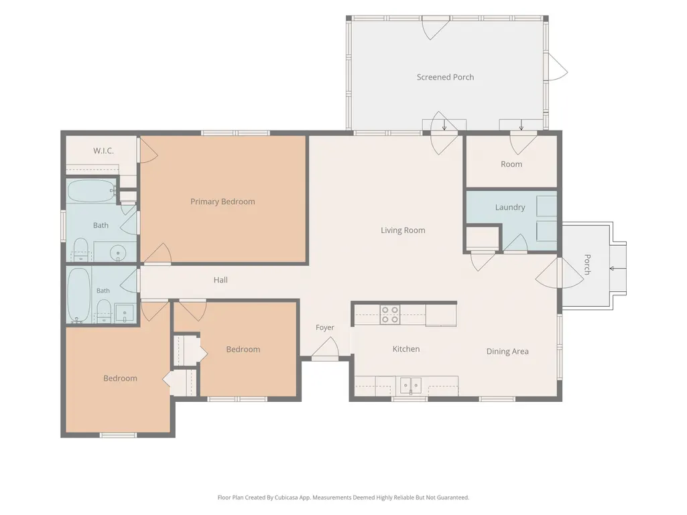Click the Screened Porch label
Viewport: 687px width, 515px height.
tap(445, 77)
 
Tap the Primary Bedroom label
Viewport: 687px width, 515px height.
tap(223, 202)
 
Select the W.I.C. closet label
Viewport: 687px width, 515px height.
tap(103, 151)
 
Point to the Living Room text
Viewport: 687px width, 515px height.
tap(403, 230)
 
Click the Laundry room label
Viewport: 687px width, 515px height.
tap(510, 207)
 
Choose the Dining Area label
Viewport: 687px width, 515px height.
tap(507, 351)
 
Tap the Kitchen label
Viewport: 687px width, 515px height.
tap(406, 349)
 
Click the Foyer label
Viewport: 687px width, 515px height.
tap(324, 327)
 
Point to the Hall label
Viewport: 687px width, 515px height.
tap(221, 280)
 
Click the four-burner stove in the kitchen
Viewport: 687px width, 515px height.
tap(389, 315)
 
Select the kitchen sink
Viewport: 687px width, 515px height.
tap(411, 385)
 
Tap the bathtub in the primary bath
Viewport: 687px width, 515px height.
tap(91, 190)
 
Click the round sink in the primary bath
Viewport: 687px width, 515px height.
tap(117, 253)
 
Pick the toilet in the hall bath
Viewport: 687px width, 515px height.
tap(103, 310)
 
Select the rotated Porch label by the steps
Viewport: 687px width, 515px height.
tap(588, 265)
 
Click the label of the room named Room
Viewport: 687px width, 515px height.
tap(511, 164)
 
